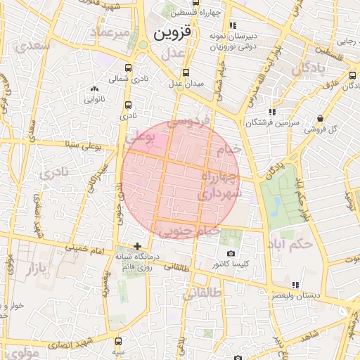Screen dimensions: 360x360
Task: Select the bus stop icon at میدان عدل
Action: (x=186, y=72)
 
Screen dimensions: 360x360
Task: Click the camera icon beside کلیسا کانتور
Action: (x=231, y=253)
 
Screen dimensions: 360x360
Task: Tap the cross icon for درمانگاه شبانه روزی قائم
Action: (x=137, y=247)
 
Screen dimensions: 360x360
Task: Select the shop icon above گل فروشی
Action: (x=321, y=117)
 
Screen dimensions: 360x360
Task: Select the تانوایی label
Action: (x=95, y=100)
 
